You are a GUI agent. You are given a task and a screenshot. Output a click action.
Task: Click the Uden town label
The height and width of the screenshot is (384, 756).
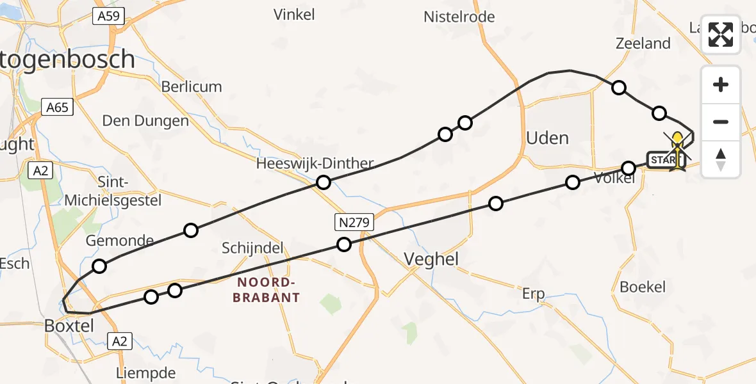(546, 138)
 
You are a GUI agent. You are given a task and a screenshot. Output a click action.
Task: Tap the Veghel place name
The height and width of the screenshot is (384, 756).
(432, 259)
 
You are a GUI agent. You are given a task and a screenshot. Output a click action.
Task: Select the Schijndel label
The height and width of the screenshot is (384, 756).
(252, 248)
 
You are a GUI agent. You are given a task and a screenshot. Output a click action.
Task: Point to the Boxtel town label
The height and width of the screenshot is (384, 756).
(69, 326)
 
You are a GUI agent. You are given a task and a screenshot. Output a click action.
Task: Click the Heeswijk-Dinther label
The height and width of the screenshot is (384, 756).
(315, 163)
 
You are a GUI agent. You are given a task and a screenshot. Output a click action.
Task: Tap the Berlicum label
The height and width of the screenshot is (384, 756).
(192, 86)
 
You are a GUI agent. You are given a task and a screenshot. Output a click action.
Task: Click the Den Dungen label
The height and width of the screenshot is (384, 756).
(146, 121)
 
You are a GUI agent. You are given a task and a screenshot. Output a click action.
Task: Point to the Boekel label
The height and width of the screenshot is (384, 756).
(643, 287)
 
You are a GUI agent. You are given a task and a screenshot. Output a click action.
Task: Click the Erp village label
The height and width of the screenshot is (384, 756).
(533, 294)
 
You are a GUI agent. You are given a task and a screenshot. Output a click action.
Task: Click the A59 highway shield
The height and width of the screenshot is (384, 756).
(108, 17)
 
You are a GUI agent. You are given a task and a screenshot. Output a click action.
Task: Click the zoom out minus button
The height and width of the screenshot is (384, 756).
(721, 122)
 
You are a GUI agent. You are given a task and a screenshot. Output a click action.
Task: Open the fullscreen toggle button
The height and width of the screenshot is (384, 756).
(721, 35)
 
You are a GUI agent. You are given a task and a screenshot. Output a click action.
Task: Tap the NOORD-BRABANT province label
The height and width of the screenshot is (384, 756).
(266, 290)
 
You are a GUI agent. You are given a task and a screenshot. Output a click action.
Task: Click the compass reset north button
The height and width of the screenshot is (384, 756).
(721, 159)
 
